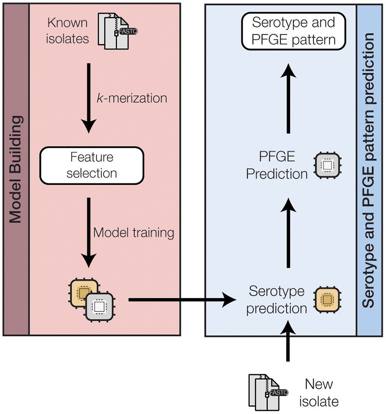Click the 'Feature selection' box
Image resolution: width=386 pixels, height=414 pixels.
[x=91, y=165]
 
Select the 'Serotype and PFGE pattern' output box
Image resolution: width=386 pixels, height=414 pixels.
[x=293, y=31]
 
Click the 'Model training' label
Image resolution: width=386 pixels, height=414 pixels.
[x=134, y=233]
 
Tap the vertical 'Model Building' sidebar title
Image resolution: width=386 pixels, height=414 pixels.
[x=16, y=169]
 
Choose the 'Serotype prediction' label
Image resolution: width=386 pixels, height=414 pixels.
[x=277, y=300]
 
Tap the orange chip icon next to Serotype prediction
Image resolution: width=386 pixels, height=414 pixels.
[x=327, y=300]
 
